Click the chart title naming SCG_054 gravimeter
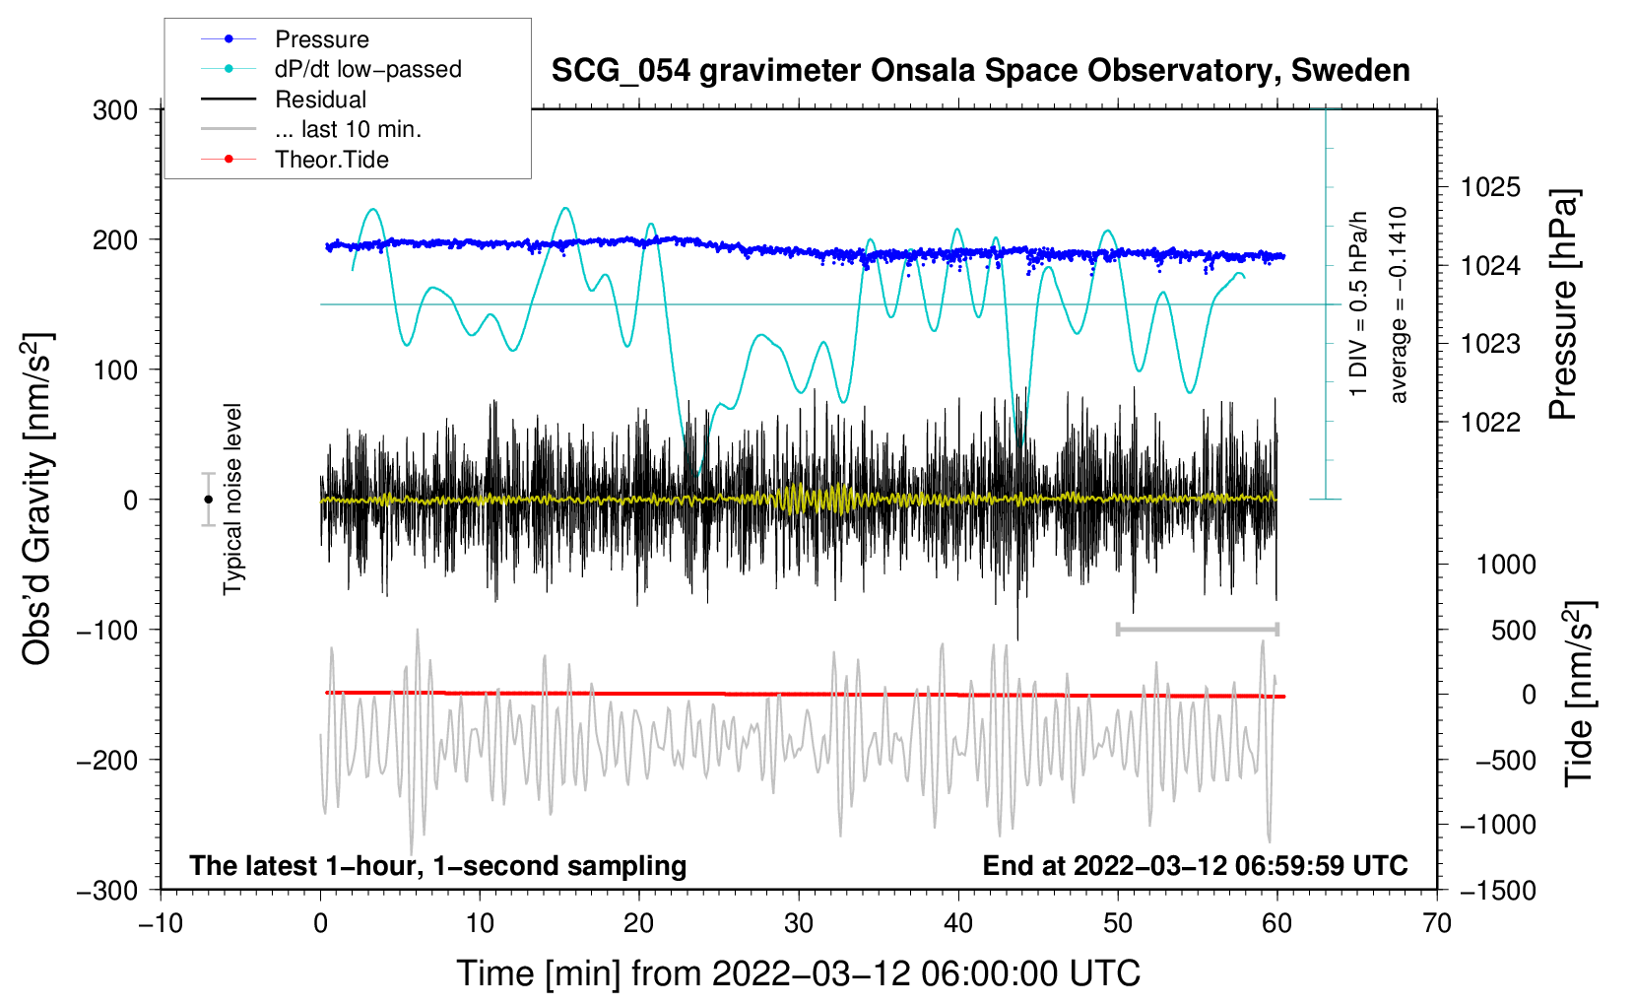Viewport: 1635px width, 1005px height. point(980,71)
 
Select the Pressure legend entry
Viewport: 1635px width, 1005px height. point(321,39)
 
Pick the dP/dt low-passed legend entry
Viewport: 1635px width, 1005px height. point(367,69)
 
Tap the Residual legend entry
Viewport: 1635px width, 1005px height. point(320,100)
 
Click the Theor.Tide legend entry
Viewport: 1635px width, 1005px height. point(331,160)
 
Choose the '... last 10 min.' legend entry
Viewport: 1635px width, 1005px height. point(348,129)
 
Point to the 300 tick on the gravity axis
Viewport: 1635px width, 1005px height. point(115,110)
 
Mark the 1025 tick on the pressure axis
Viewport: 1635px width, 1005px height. point(1490,187)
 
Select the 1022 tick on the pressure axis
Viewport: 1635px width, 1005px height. point(1490,422)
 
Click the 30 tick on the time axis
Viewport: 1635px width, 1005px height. point(799,923)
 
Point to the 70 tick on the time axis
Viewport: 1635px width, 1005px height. point(1437,923)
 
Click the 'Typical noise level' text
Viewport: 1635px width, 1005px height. point(232,499)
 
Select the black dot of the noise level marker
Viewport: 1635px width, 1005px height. point(209,500)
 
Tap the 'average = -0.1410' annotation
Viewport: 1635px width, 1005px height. point(1399,304)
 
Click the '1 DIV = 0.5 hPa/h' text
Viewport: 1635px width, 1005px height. point(1359,304)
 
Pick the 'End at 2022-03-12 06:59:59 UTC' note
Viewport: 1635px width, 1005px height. point(1195,865)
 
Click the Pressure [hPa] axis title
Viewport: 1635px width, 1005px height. point(1563,304)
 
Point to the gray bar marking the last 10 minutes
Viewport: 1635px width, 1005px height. point(1197,629)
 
